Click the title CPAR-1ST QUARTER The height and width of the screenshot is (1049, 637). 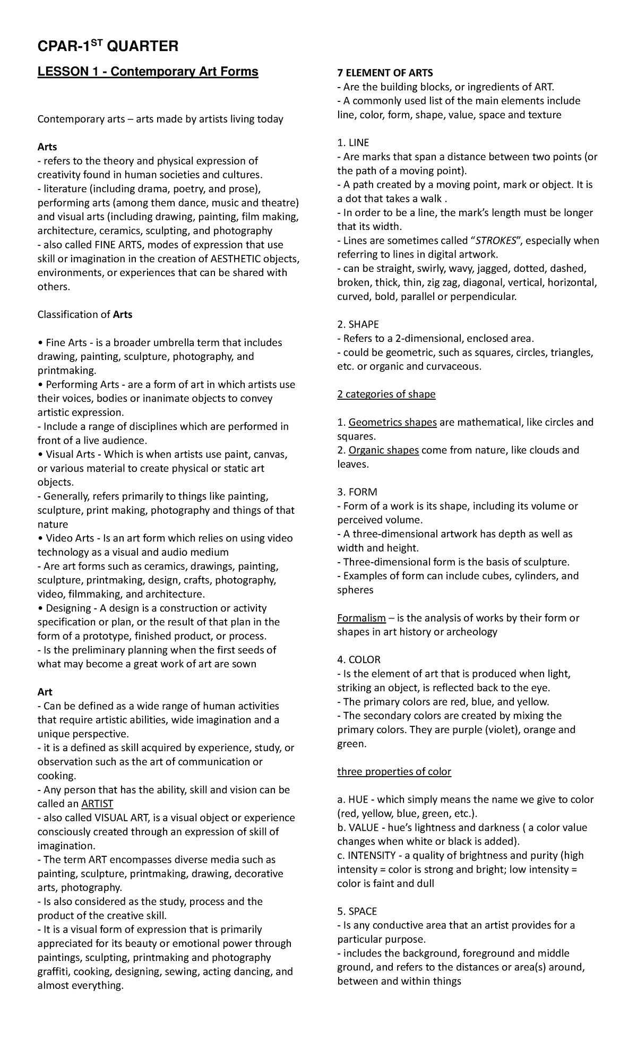click(108, 47)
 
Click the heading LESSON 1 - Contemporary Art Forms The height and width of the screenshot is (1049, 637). click(148, 72)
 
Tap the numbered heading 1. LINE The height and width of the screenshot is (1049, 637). click(353, 143)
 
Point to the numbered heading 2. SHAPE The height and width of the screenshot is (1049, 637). click(358, 324)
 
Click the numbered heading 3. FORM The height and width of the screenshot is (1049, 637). click(357, 492)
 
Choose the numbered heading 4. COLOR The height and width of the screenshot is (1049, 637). click(359, 660)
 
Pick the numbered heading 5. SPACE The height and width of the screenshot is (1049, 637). click(357, 912)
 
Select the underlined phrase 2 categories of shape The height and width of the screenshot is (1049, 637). click(386, 394)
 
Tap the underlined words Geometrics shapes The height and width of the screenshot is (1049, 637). click(392, 423)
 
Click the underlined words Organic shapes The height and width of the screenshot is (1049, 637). click(383, 450)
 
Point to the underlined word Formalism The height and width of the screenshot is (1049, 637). click(361, 618)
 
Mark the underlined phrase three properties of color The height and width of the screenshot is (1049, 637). click(394, 772)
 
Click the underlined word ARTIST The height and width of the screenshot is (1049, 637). click(97, 804)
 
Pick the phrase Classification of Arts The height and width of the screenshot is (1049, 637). click(84, 314)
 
